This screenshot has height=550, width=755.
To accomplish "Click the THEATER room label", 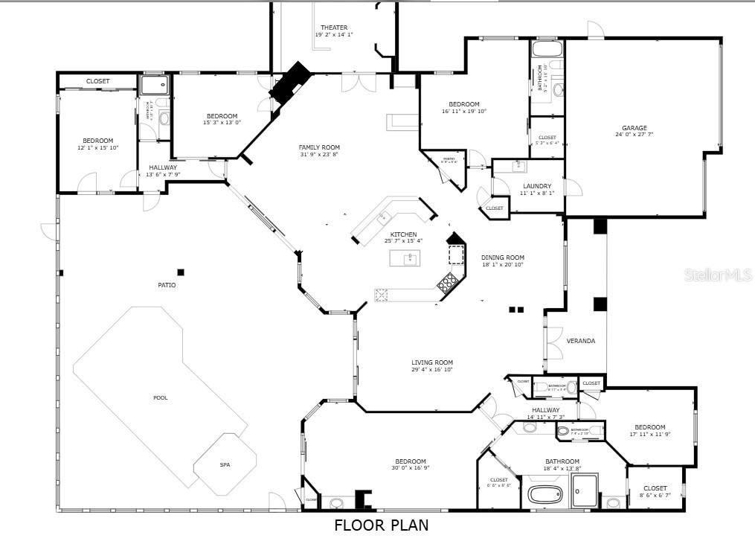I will click(334, 28).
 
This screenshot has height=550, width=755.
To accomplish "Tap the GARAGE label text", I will click(634, 128).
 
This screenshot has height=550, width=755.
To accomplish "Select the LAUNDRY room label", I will click(536, 186).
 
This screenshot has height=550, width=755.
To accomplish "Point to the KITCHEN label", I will click(404, 234).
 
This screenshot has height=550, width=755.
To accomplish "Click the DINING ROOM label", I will click(502, 258).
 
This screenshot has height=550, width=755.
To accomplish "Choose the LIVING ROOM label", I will click(432, 363).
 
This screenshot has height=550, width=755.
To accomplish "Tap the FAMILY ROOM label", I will click(319, 147).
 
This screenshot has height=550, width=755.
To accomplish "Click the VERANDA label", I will click(581, 341).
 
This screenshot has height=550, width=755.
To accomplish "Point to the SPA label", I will click(225, 465).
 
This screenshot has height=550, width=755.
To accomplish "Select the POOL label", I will click(161, 397).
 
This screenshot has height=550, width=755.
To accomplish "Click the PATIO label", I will click(167, 285).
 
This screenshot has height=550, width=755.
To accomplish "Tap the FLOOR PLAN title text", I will click(381, 525).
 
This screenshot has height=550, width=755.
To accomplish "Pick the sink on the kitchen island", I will click(408, 258).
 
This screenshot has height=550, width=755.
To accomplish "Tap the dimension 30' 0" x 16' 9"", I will click(411, 467).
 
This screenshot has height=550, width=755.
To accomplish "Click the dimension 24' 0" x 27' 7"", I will click(634, 135).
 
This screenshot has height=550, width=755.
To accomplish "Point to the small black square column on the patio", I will click(181, 272).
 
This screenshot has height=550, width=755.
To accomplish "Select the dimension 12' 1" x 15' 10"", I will click(98, 147).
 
